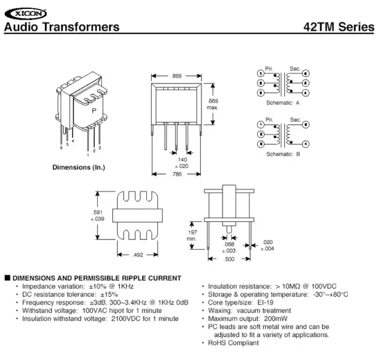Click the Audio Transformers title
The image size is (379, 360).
[x=62, y=27]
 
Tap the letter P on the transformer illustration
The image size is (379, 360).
[x=94, y=112]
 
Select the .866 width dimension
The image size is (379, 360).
[x=176, y=76]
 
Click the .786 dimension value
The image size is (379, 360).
[x=176, y=174]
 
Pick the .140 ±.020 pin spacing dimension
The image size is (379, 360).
[x=182, y=163]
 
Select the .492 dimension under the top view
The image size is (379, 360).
[x=138, y=254]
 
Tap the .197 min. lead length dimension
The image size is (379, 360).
[x=191, y=235]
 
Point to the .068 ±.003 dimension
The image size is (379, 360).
[x=229, y=247]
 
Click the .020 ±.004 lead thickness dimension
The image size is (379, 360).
[x=268, y=245]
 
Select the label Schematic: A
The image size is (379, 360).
[x=283, y=103]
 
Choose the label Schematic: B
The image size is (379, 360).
[x=283, y=154]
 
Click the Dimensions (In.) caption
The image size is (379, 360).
[x=80, y=167]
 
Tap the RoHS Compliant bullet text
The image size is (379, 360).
[x=234, y=343]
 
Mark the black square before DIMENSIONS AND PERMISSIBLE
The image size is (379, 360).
[x=7, y=278]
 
